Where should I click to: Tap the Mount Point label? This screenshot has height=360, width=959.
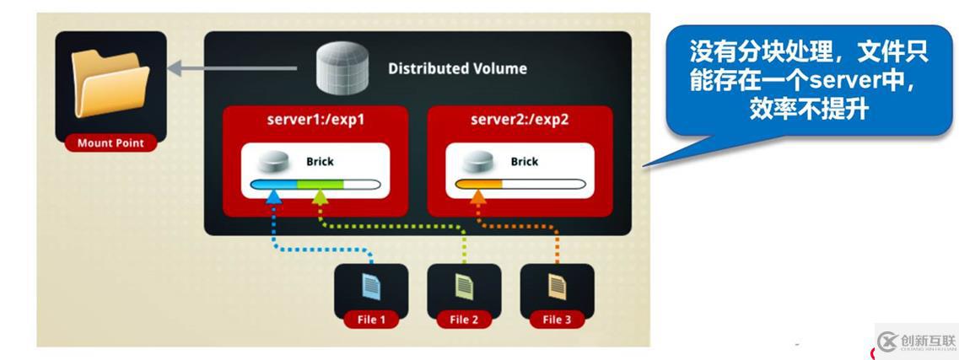click(110, 143)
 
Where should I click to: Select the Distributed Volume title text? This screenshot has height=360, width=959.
click(457, 69)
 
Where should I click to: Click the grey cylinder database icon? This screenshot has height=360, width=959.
click(343, 68)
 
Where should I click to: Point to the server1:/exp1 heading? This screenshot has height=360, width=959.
click(315, 119)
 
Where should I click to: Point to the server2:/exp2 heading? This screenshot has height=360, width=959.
click(519, 119)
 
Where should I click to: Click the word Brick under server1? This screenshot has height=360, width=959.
click(321, 161)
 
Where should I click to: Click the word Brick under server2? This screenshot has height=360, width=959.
click(524, 161)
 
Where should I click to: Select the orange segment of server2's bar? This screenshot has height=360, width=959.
click(478, 184)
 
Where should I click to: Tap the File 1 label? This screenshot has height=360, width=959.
click(371, 320)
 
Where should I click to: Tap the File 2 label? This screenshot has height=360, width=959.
click(464, 320)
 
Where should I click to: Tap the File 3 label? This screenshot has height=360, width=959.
click(557, 320)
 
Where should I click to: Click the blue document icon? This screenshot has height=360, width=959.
click(371, 287)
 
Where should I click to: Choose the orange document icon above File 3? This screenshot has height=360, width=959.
click(557, 287)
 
